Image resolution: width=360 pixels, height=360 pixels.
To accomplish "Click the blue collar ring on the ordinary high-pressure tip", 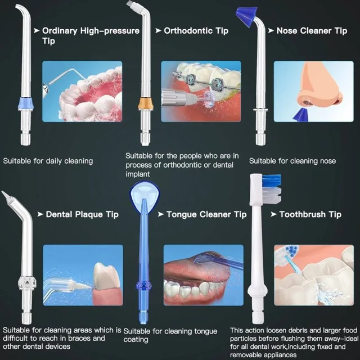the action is click(x=26, y=103).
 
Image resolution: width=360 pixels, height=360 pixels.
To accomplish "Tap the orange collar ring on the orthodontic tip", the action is click(x=145, y=103).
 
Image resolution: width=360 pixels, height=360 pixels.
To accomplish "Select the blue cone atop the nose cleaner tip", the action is click(x=247, y=16).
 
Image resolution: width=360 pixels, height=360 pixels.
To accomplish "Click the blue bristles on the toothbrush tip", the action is click(x=272, y=180).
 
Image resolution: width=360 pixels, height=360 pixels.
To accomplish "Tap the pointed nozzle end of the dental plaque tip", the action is click(x=5, y=195).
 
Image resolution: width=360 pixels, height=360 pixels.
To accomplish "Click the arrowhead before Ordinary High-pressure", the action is click(x=37, y=30).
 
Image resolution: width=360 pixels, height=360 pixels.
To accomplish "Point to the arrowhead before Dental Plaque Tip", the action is click(x=40, y=214).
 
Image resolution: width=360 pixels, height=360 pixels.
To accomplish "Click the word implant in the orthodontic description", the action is click(x=137, y=174).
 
